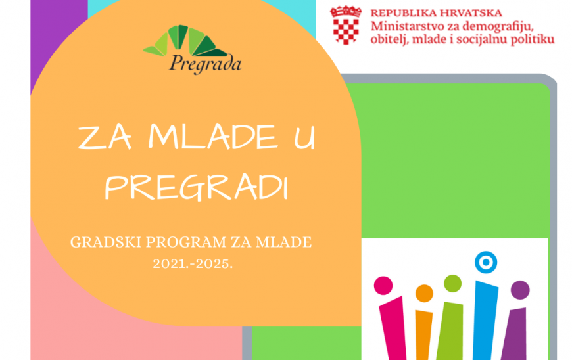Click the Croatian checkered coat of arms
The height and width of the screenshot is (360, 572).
tap(345, 25)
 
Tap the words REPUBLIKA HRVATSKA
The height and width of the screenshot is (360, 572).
tap(437, 13)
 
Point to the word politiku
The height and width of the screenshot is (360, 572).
tap(533, 39)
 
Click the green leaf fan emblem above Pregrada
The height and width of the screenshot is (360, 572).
tap(185, 41)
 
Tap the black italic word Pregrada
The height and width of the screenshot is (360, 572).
tap(205, 64)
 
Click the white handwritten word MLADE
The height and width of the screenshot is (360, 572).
tap(212, 137)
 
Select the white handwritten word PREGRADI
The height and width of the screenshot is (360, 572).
tap(197, 188)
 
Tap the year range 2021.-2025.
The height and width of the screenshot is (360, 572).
tap(193, 263)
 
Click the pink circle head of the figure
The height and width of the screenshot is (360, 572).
tap(383, 285)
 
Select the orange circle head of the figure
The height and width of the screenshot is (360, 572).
tap(424, 293)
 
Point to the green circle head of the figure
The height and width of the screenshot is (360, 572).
tap(453, 284)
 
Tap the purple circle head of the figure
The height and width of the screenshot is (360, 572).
tap(520, 290)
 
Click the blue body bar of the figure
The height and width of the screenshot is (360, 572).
tap(485, 321)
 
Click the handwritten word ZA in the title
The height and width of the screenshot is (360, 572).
tap(105, 137)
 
